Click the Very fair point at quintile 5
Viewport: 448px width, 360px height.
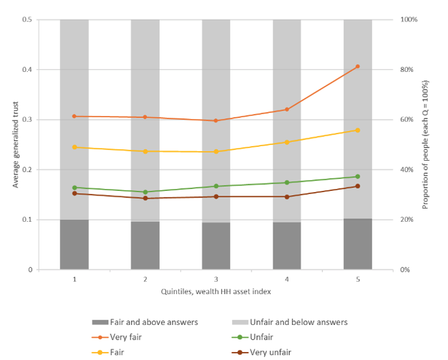pos(357,66)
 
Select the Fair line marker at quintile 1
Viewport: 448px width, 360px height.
pos(74,147)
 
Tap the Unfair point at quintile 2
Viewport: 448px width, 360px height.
pos(145,192)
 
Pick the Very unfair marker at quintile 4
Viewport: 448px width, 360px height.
pos(287,197)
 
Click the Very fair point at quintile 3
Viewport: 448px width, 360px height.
pos(216,121)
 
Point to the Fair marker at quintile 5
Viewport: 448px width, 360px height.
pos(357,130)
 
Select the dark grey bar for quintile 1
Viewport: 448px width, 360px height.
pos(74,245)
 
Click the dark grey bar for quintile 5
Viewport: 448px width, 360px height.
pos(357,244)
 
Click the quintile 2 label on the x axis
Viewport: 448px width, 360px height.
pos(145,279)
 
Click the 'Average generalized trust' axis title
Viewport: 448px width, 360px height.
pos(16,144)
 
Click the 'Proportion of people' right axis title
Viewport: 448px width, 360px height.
pos(425,144)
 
